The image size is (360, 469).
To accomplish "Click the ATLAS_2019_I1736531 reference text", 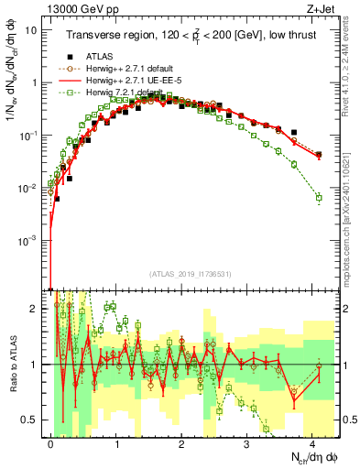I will [x=189, y=273].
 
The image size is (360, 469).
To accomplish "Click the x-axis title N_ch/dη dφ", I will [x=312, y=458].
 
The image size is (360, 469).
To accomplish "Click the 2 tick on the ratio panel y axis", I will [x=33, y=309].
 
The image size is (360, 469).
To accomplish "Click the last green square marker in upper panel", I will [x=319, y=197].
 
